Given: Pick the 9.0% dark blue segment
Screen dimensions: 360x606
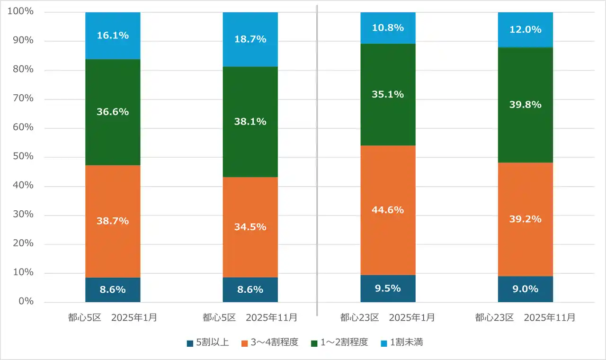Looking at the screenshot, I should pyautogui.click(x=525, y=289).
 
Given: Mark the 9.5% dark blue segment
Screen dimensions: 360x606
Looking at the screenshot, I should pyautogui.click(x=388, y=288).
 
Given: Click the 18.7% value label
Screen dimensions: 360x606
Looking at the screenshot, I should pyautogui.click(x=250, y=39).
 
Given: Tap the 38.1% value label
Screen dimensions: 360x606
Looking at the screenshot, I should pyautogui.click(x=250, y=122).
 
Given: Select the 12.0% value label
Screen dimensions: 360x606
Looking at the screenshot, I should pyautogui.click(x=525, y=29).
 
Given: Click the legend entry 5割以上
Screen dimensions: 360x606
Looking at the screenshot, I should pyautogui.click(x=208, y=342).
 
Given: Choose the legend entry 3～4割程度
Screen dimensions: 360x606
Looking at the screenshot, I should pyautogui.click(x=270, y=342).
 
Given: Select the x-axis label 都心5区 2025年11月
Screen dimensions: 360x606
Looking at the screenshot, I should pyautogui.click(x=250, y=317).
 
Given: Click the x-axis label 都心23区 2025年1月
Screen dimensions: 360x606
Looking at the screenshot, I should pyautogui.click(x=388, y=317).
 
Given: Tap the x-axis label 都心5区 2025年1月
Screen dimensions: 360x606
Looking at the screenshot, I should pyautogui.click(x=113, y=317).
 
